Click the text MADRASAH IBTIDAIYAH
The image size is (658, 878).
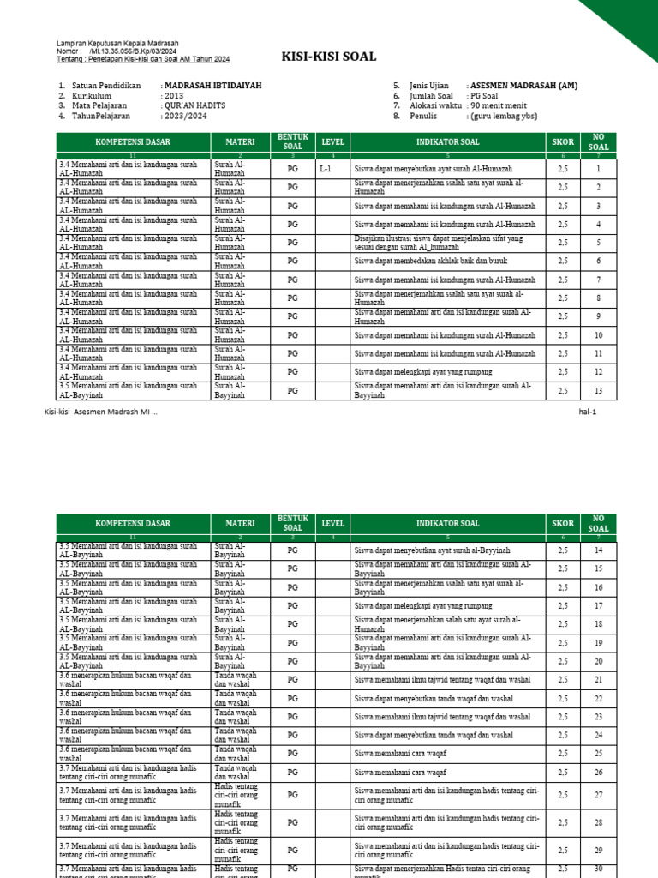click(212, 87)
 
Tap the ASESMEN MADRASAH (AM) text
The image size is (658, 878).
click(523, 87)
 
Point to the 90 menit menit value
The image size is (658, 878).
click(504, 106)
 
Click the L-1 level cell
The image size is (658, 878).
click(325, 169)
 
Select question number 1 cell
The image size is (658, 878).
click(598, 169)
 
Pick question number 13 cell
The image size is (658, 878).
click(598, 391)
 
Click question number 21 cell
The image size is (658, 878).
click(598, 680)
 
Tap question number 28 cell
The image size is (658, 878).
click(598, 822)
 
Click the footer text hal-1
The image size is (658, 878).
click(587, 412)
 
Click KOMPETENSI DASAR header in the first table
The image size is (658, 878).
click(133, 141)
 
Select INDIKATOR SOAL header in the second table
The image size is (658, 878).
click(448, 523)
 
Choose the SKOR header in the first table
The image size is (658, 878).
click(563, 141)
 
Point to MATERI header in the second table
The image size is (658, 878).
click(240, 523)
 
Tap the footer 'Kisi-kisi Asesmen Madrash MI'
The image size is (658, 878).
click(100, 412)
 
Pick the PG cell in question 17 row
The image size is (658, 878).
click(293, 606)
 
